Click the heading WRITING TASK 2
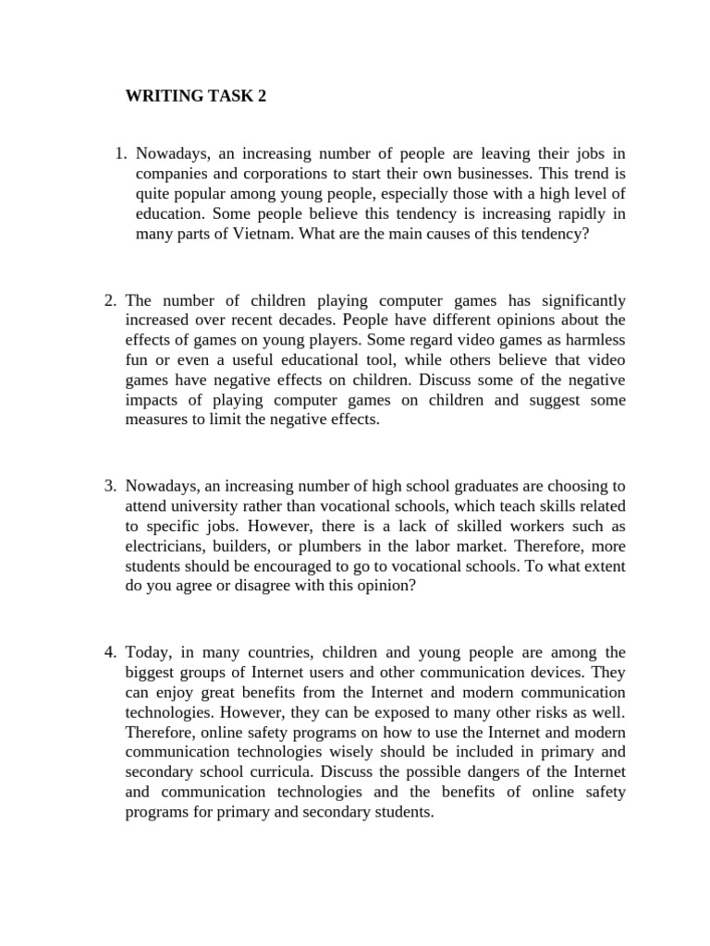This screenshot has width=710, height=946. (x=195, y=97)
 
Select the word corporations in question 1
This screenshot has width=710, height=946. (x=278, y=174)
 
